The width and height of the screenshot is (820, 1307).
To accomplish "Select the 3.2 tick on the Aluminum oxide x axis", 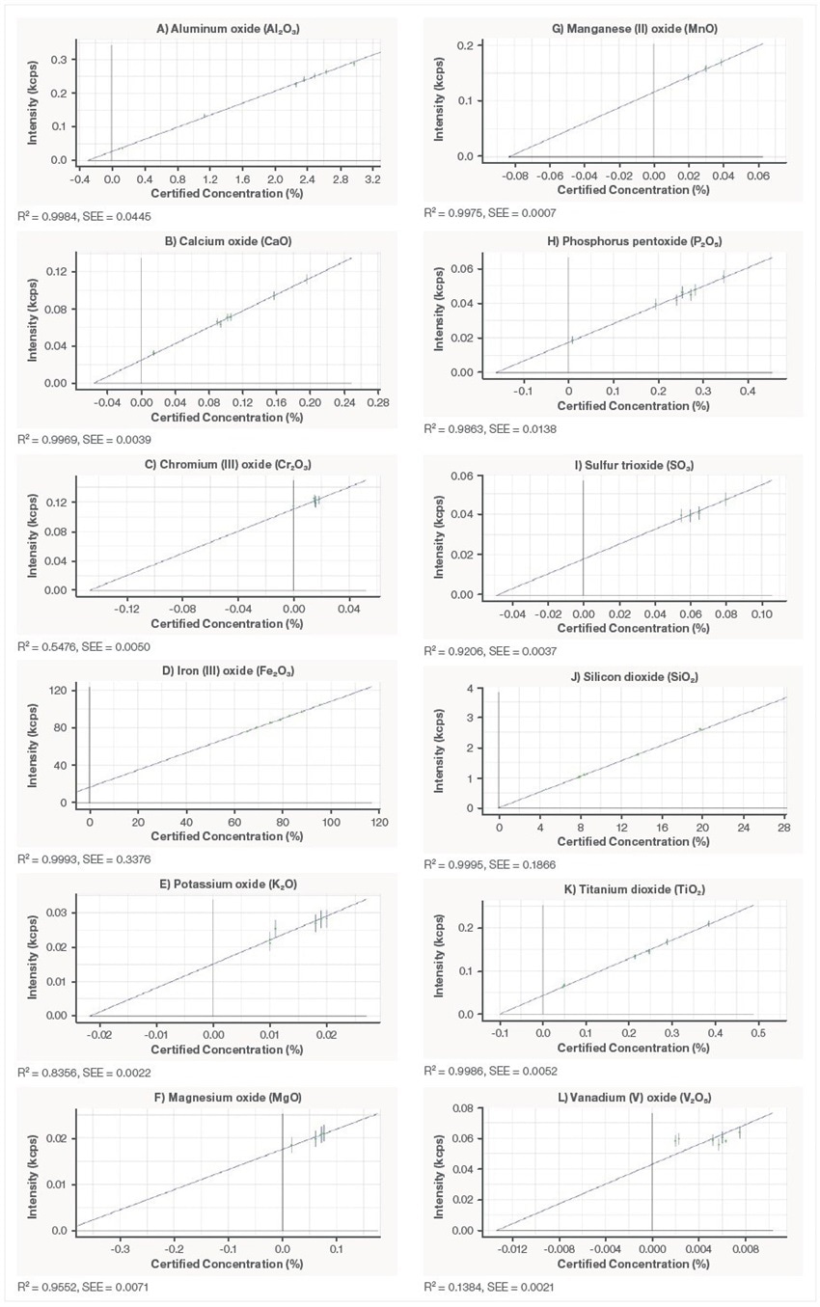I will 372,178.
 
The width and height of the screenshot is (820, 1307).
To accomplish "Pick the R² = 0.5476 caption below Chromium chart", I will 68,646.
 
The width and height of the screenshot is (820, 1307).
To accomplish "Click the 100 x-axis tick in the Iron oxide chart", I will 331,822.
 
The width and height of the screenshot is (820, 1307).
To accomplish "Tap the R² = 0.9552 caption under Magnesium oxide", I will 68,1287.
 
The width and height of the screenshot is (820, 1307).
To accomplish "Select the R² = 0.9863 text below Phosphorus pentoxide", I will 474,429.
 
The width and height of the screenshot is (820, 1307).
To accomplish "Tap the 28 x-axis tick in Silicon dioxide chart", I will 784,828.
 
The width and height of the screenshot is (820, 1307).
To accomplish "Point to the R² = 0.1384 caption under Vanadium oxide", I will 474,1287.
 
